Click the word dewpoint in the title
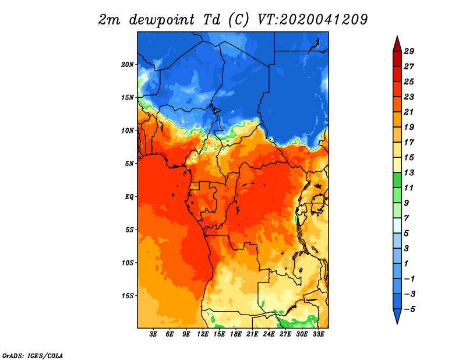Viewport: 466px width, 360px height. [x=162, y=20]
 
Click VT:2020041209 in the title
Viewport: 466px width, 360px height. [x=313, y=20]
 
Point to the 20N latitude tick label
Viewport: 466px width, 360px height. [x=128, y=65]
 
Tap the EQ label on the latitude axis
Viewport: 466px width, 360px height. [x=129, y=197]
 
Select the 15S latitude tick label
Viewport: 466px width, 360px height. [x=128, y=296]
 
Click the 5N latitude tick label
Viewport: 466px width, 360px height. [x=129, y=164]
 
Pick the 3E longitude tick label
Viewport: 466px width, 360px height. [x=153, y=334]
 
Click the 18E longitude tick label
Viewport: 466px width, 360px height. [x=236, y=334]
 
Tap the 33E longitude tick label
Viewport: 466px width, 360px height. [x=318, y=334]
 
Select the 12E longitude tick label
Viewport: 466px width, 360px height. [x=203, y=334]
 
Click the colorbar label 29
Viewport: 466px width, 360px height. [x=409, y=51]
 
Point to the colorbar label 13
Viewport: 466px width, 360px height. [x=409, y=172]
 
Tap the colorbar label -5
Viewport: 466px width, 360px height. [x=409, y=309]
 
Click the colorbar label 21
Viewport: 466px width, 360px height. [x=409, y=112]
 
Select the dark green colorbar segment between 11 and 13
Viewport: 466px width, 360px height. [x=397, y=180]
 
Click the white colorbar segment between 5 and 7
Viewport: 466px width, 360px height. [x=397, y=225]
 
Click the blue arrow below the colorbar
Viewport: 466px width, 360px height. [x=397, y=315]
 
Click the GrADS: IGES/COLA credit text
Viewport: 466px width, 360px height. [x=33, y=356]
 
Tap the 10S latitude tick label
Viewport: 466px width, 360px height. [x=128, y=263]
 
